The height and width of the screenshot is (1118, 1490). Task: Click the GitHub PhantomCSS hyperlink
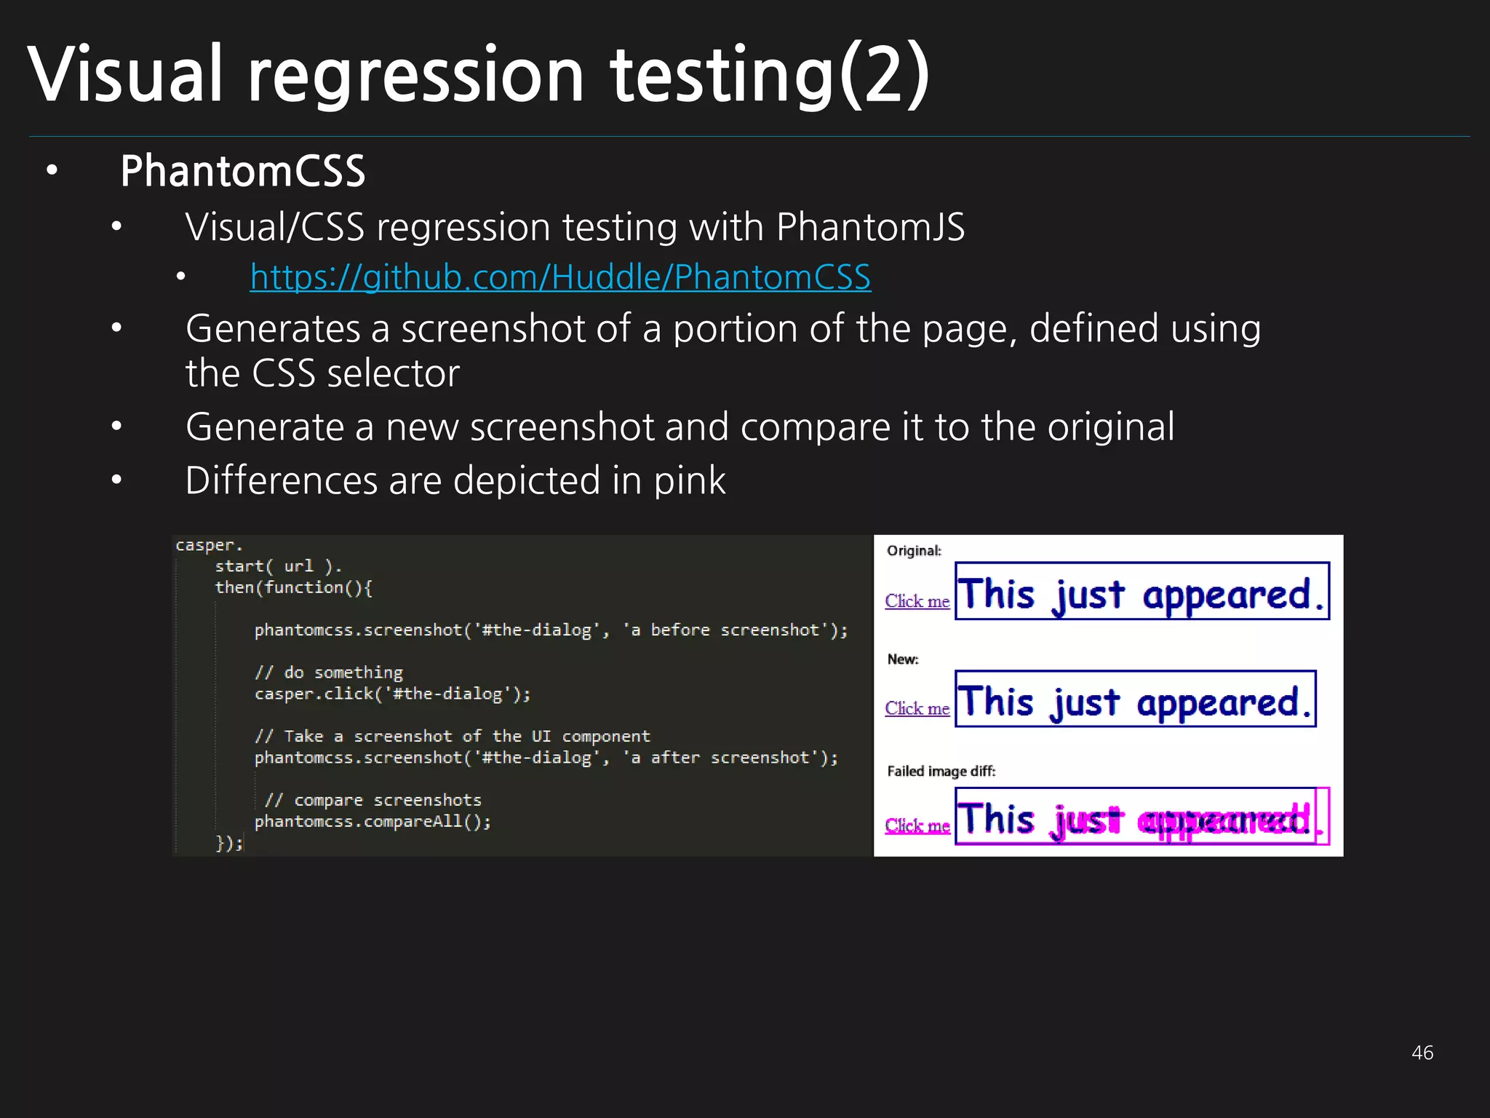click(x=560, y=277)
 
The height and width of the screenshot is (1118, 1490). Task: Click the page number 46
click(x=1422, y=1052)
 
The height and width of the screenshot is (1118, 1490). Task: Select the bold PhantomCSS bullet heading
click(x=242, y=172)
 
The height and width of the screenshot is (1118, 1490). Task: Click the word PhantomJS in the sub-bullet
click(x=870, y=227)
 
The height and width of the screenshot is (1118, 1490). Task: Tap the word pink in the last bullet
click(x=689, y=481)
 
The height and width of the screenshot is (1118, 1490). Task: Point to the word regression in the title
click(x=415, y=75)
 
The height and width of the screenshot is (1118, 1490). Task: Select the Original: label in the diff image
click(x=914, y=551)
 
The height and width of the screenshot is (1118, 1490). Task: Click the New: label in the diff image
click(x=903, y=659)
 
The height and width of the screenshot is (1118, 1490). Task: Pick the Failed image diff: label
click(x=941, y=772)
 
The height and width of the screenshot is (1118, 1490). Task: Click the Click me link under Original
click(x=917, y=601)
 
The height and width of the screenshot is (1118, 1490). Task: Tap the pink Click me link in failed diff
click(x=917, y=825)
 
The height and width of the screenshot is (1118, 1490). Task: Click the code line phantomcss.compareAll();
click(x=372, y=822)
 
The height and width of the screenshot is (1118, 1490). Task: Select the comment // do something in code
click(x=329, y=673)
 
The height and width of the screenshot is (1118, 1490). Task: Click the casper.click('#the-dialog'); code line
click(x=392, y=694)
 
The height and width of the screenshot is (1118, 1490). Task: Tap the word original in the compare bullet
click(x=1110, y=427)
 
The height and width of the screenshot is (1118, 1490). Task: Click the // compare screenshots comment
click(x=372, y=801)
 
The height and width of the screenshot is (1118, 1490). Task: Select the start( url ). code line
click(x=278, y=566)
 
